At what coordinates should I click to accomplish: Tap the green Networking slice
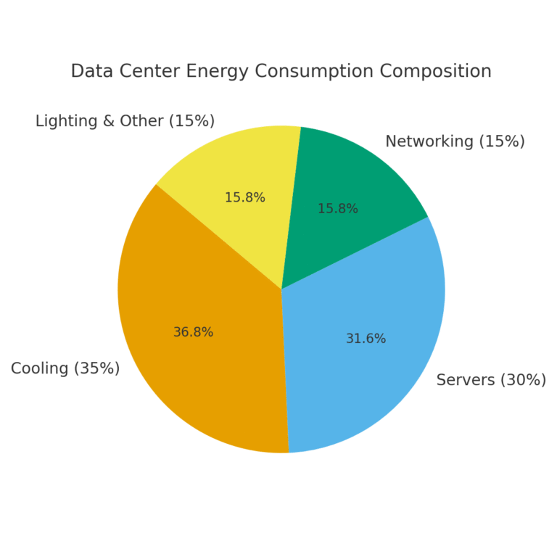(x=355, y=181)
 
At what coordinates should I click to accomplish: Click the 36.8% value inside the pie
(x=193, y=332)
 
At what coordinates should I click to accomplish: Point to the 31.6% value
(x=366, y=339)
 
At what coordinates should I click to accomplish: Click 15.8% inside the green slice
(x=337, y=209)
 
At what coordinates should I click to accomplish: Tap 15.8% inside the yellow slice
(x=244, y=197)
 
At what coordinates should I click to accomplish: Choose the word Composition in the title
(x=437, y=71)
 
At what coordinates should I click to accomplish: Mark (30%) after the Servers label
(x=523, y=380)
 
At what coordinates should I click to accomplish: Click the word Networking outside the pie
(x=429, y=141)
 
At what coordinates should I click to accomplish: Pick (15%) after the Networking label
(x=501, y=141)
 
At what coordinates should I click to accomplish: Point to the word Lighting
(x=66, y=121)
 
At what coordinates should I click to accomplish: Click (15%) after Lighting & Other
(x=191, y=121)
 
